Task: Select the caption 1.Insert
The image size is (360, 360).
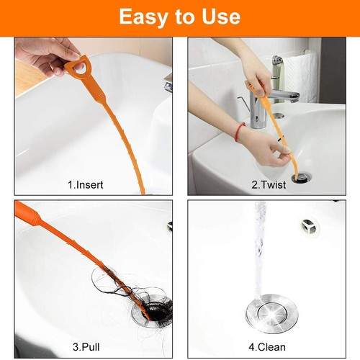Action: (85, 185)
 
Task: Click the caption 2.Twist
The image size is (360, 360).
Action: (268, 185)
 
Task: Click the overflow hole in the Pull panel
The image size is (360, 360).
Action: (169, 225)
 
